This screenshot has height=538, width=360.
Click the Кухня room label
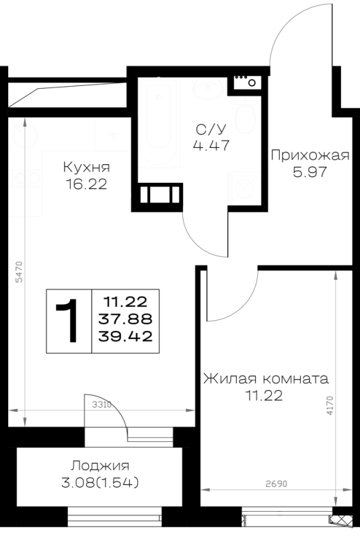click(87, 167)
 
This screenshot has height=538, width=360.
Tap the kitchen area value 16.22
click(86, 184)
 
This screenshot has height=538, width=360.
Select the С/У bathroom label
click(211, 129)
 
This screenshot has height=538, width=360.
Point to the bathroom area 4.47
click(211, 145)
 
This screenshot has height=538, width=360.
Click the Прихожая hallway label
click(310, 156)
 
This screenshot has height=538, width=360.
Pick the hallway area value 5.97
click(310, 171)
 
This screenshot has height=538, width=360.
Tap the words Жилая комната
click(266, 379)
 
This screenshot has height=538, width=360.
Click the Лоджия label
click(100, 466)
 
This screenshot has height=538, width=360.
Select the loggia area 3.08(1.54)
click(100, 483)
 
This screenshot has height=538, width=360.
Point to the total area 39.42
click(125, 336)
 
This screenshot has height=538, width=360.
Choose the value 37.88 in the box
click(125, 319)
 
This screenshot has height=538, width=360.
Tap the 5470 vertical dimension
click(20, 272)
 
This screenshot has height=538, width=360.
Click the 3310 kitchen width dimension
click(102, 405)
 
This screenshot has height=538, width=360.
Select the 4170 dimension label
click(330, 406)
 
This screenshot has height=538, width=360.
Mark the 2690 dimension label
click(277, 484)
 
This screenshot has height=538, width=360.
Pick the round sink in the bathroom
click(208, 88)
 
